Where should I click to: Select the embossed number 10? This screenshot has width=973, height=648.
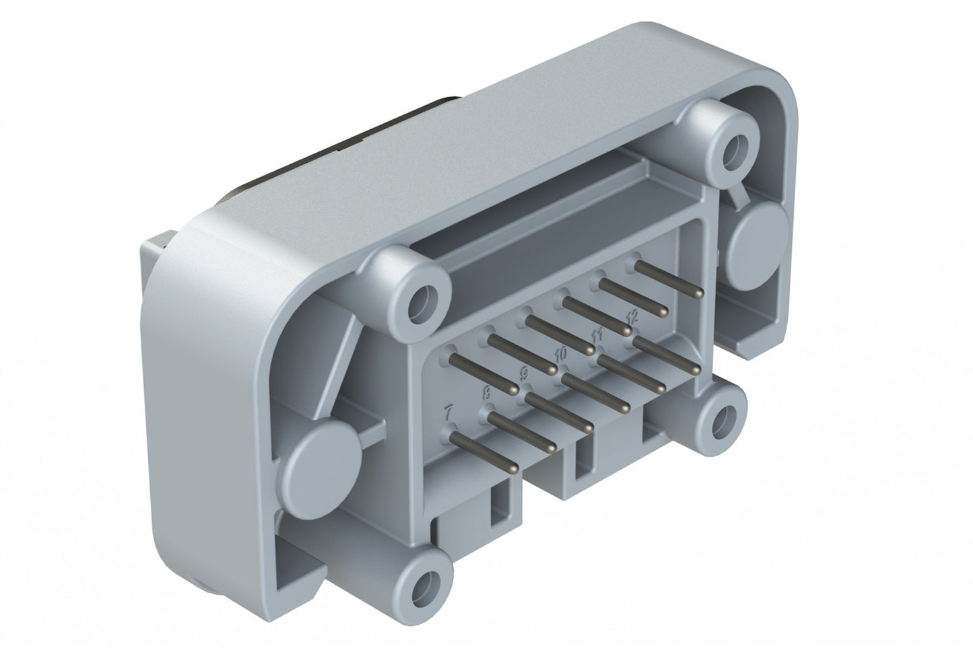coord(561,353)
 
